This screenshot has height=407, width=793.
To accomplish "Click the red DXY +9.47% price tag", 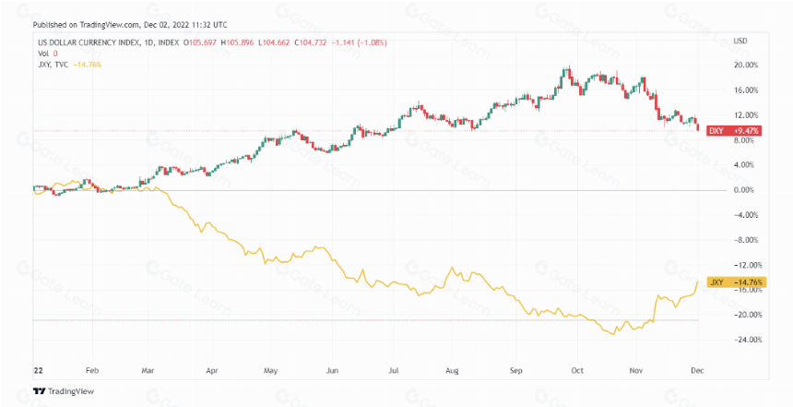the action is [x=733, y=131].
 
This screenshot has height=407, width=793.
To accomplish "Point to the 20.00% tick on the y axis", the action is [x=746, y=66].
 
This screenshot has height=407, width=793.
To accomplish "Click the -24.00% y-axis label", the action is [x=748, y=340].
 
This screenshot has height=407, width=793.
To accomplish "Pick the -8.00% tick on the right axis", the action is [x=746, y=240].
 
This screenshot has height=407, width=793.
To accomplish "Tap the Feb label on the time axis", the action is [x=92, y=371].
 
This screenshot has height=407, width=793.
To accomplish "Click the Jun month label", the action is [x=332, y=371].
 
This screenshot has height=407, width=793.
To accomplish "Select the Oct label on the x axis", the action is [x=577, y=371].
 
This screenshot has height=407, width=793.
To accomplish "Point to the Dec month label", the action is [x=697, y=371].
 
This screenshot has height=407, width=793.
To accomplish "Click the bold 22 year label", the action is [x=38, y=371].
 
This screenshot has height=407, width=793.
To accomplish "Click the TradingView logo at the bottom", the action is [x=64, y=391].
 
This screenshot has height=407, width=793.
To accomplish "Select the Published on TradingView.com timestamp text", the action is [x=130, y=25].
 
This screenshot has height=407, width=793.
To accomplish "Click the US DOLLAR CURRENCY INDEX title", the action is [x=88, y=43].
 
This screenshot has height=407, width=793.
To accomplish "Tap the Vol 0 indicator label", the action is [x=48, y=54].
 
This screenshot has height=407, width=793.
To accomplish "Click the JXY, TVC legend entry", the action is [x=53, y=65].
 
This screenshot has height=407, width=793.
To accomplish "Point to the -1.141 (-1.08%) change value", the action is [x=359, y=43].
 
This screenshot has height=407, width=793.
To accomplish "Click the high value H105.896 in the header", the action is [x=237, y=43].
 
